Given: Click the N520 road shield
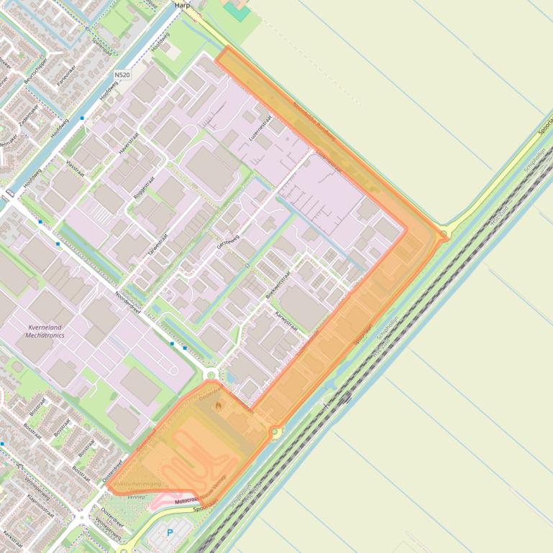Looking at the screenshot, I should [x=122, y=73].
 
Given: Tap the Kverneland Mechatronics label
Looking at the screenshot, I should [x=45, y=331].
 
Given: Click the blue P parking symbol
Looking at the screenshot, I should [x=170, y=533].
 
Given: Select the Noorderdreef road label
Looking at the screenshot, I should [x=127, y=302].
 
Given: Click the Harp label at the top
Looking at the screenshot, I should [x=181, y=4].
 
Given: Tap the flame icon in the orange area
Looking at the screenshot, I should [x=219, y=406].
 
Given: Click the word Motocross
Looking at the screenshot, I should [x=186, y=500].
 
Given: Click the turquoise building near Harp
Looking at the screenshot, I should [x=237, y=10].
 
